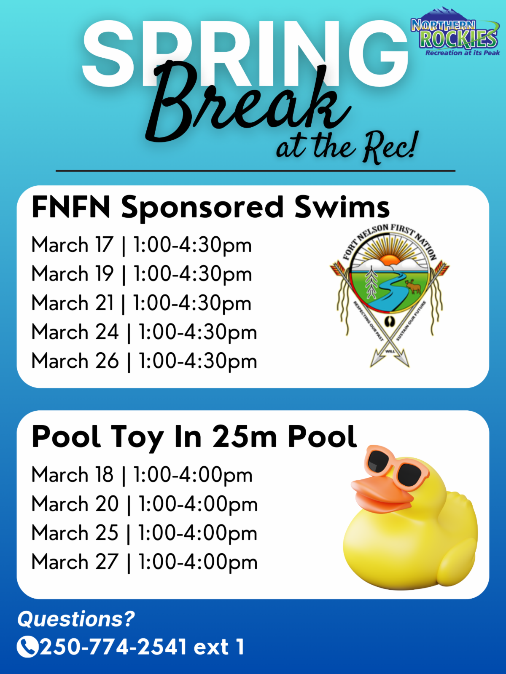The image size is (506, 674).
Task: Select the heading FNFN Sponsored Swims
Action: coord(210,208)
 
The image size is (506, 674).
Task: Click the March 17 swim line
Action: coord(142,246)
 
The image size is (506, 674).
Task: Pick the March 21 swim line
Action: coord(142,303)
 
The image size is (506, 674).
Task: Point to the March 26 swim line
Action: coord(144,361)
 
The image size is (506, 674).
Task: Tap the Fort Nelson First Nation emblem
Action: coord(390,295)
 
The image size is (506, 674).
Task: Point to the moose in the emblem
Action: coord(413,287)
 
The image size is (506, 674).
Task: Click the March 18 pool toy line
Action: coord(142,475)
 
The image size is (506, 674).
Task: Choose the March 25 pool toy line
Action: coord(144,533)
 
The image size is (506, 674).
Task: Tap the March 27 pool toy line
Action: coord(144,562)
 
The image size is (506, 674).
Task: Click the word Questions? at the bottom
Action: coord(76,620)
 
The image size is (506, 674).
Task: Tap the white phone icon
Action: coord(28,647)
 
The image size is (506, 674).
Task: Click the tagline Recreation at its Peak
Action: coord(463,53)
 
